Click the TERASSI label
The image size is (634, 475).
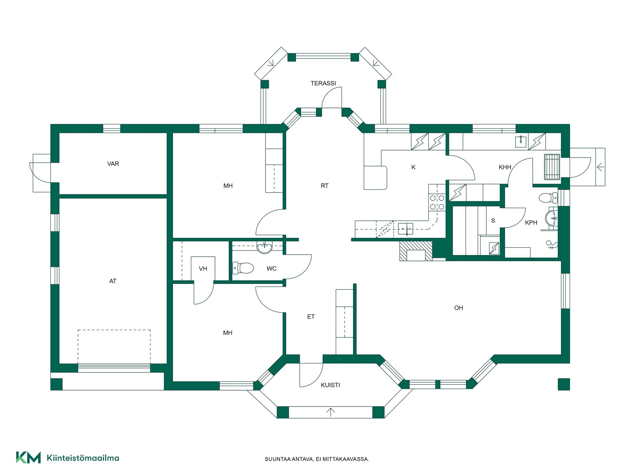coord(323,83)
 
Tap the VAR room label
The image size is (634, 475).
coord(113,164)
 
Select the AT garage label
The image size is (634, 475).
coord(113,281)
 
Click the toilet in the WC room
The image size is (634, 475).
coord(243,268)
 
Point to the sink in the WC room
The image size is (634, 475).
coord(264,247)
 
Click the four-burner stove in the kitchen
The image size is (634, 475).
coord(437,202)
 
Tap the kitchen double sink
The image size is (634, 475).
coord(405,229)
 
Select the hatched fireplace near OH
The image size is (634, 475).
coord(416,251)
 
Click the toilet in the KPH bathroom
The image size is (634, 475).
coord(548,198)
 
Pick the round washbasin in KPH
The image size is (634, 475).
coord(551,218)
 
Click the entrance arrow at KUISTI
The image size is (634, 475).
coord(331,412)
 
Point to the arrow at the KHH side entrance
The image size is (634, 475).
coord(600,167)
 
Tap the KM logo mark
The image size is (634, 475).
coord(28,458)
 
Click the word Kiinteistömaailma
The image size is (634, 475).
coord(83,458)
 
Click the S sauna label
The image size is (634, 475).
coord(493,221)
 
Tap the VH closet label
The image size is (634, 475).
coord(203,269)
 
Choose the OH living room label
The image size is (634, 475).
coord(459,308)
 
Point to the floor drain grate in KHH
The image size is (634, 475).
coord(552,167)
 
